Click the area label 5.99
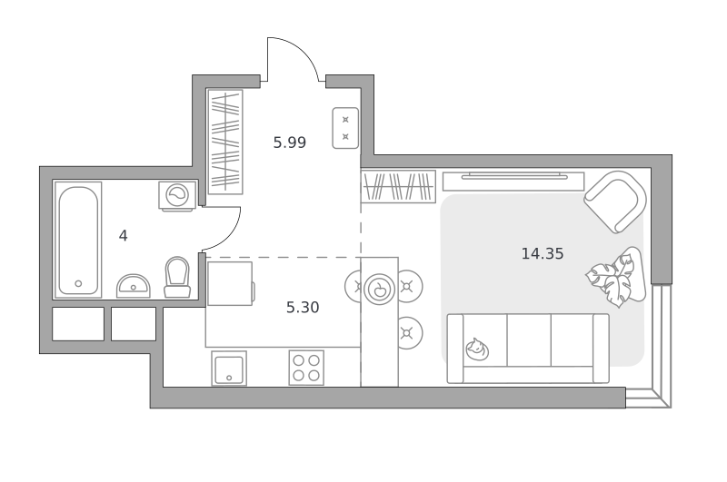pos(289,143)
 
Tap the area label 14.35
pos(543,254)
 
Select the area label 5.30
pos(303,308)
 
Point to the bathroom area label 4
pos(123,236)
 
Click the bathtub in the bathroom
pos(78,240)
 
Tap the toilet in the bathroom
pos(177,278)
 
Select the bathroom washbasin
pos(133,286)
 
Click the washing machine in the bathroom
pos(177,196)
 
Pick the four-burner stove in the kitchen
pos(306,368)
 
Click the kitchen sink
pos(229,369)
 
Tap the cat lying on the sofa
pos(477,349)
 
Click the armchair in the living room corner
pos(616,202)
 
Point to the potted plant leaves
pos(611,281)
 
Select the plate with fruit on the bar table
pos(379,289)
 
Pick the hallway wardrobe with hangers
pos(225,142)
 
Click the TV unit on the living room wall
pos(513,181)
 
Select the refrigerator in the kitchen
pos(231,283)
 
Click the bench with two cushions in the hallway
pos(345,128)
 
